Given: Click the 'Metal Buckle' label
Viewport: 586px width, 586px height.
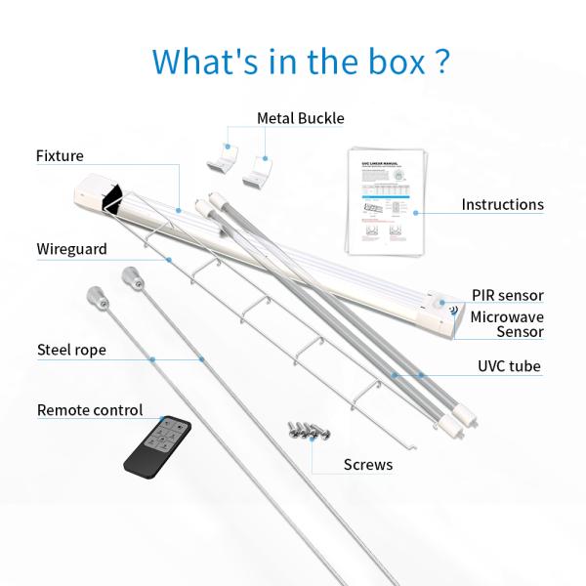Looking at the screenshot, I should click(x=301, y=118).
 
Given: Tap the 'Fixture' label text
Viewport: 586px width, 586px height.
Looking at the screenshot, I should click(x=61, y=155).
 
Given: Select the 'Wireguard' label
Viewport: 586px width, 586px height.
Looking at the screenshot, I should click(x=72, y=249).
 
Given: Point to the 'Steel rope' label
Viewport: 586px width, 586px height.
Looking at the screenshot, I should click(x=72, y=349).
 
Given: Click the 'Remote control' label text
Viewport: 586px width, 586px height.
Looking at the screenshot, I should click(x=90, y=410).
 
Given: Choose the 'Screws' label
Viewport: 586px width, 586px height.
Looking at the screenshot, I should click(x=368, y=464).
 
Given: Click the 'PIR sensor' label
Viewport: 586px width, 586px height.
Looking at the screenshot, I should click(x=507, y=295).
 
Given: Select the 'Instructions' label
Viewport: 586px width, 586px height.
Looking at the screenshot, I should click(x=502, y=205).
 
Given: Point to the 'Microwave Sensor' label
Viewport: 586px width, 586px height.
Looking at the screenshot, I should click(x=507, y=324).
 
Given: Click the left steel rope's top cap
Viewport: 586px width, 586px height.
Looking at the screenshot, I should click(x=94, y=294).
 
